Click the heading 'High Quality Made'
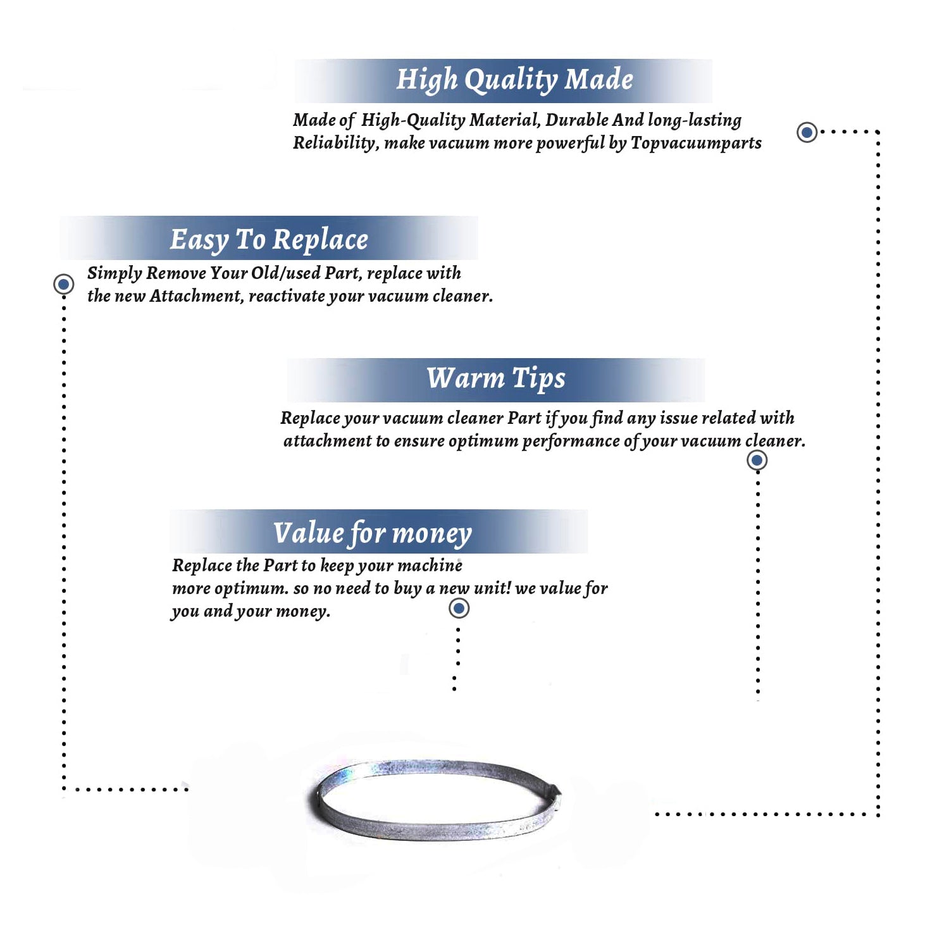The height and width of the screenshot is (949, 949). click(514, 80)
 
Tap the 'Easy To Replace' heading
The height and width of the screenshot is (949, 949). click(269, 240)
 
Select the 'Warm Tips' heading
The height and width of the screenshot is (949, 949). click(496, 378)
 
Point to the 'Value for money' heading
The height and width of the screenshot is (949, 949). click(373, 533)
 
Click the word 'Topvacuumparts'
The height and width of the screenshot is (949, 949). click(696, 144)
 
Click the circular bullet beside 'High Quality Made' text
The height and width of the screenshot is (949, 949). click(807, 132)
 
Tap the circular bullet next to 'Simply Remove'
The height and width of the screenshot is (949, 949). click(63, 284)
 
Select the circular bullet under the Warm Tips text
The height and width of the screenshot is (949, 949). click(757, 460)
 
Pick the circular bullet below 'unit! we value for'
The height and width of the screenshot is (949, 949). click(459, 609)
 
